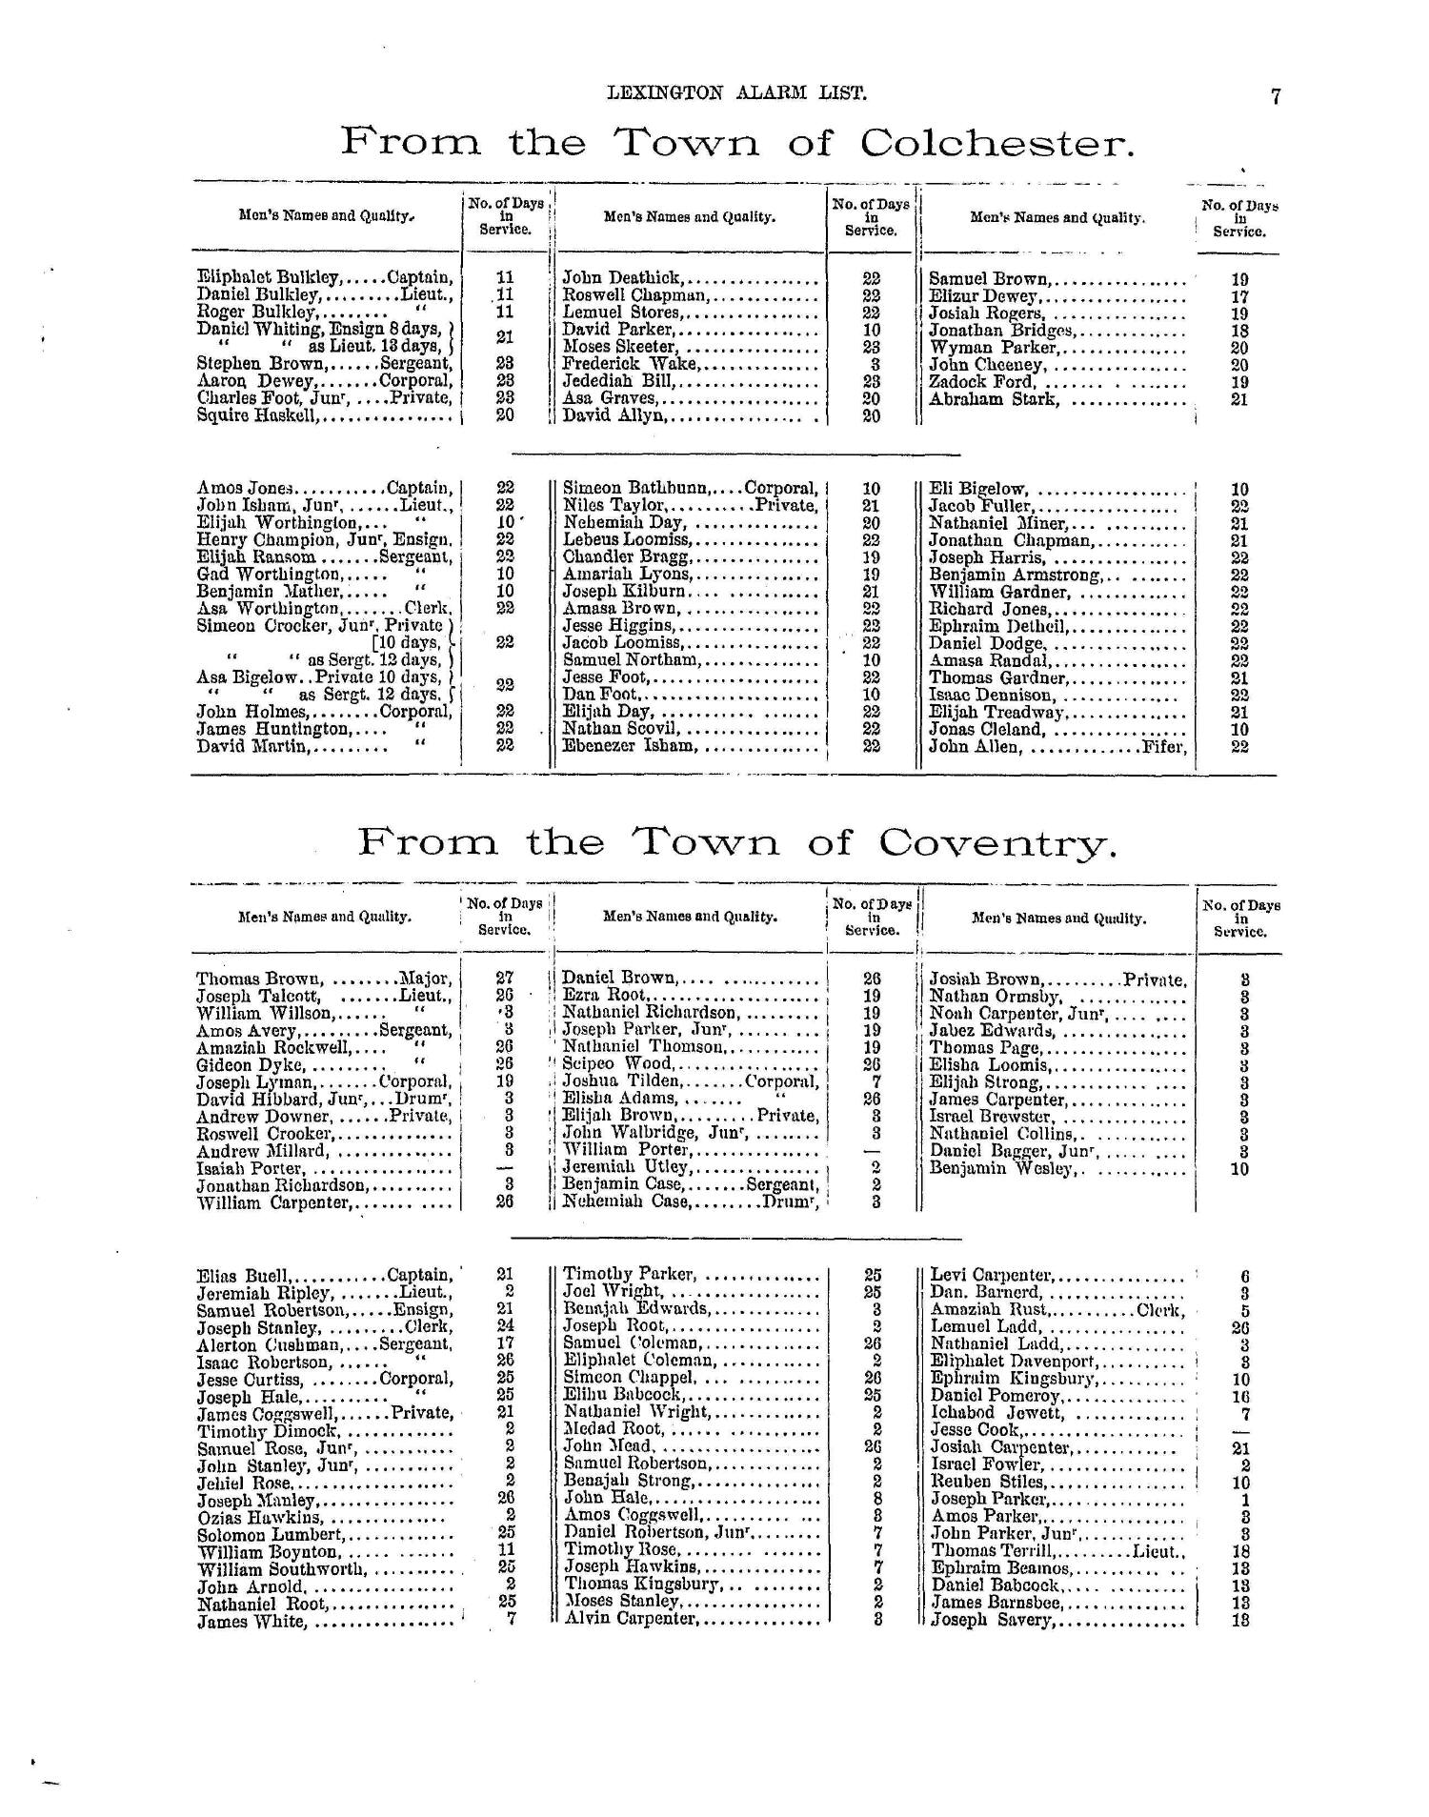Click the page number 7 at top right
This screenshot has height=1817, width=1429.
(x=1275, y=95)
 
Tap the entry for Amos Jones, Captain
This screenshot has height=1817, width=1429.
(x=324, y=488)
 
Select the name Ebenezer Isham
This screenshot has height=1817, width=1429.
(x=629, y=746)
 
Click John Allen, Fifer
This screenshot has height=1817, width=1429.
(x=1057, y=747)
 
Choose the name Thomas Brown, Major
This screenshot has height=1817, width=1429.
(x=323, y=979)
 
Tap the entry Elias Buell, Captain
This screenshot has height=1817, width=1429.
(x=324, y=1276)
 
